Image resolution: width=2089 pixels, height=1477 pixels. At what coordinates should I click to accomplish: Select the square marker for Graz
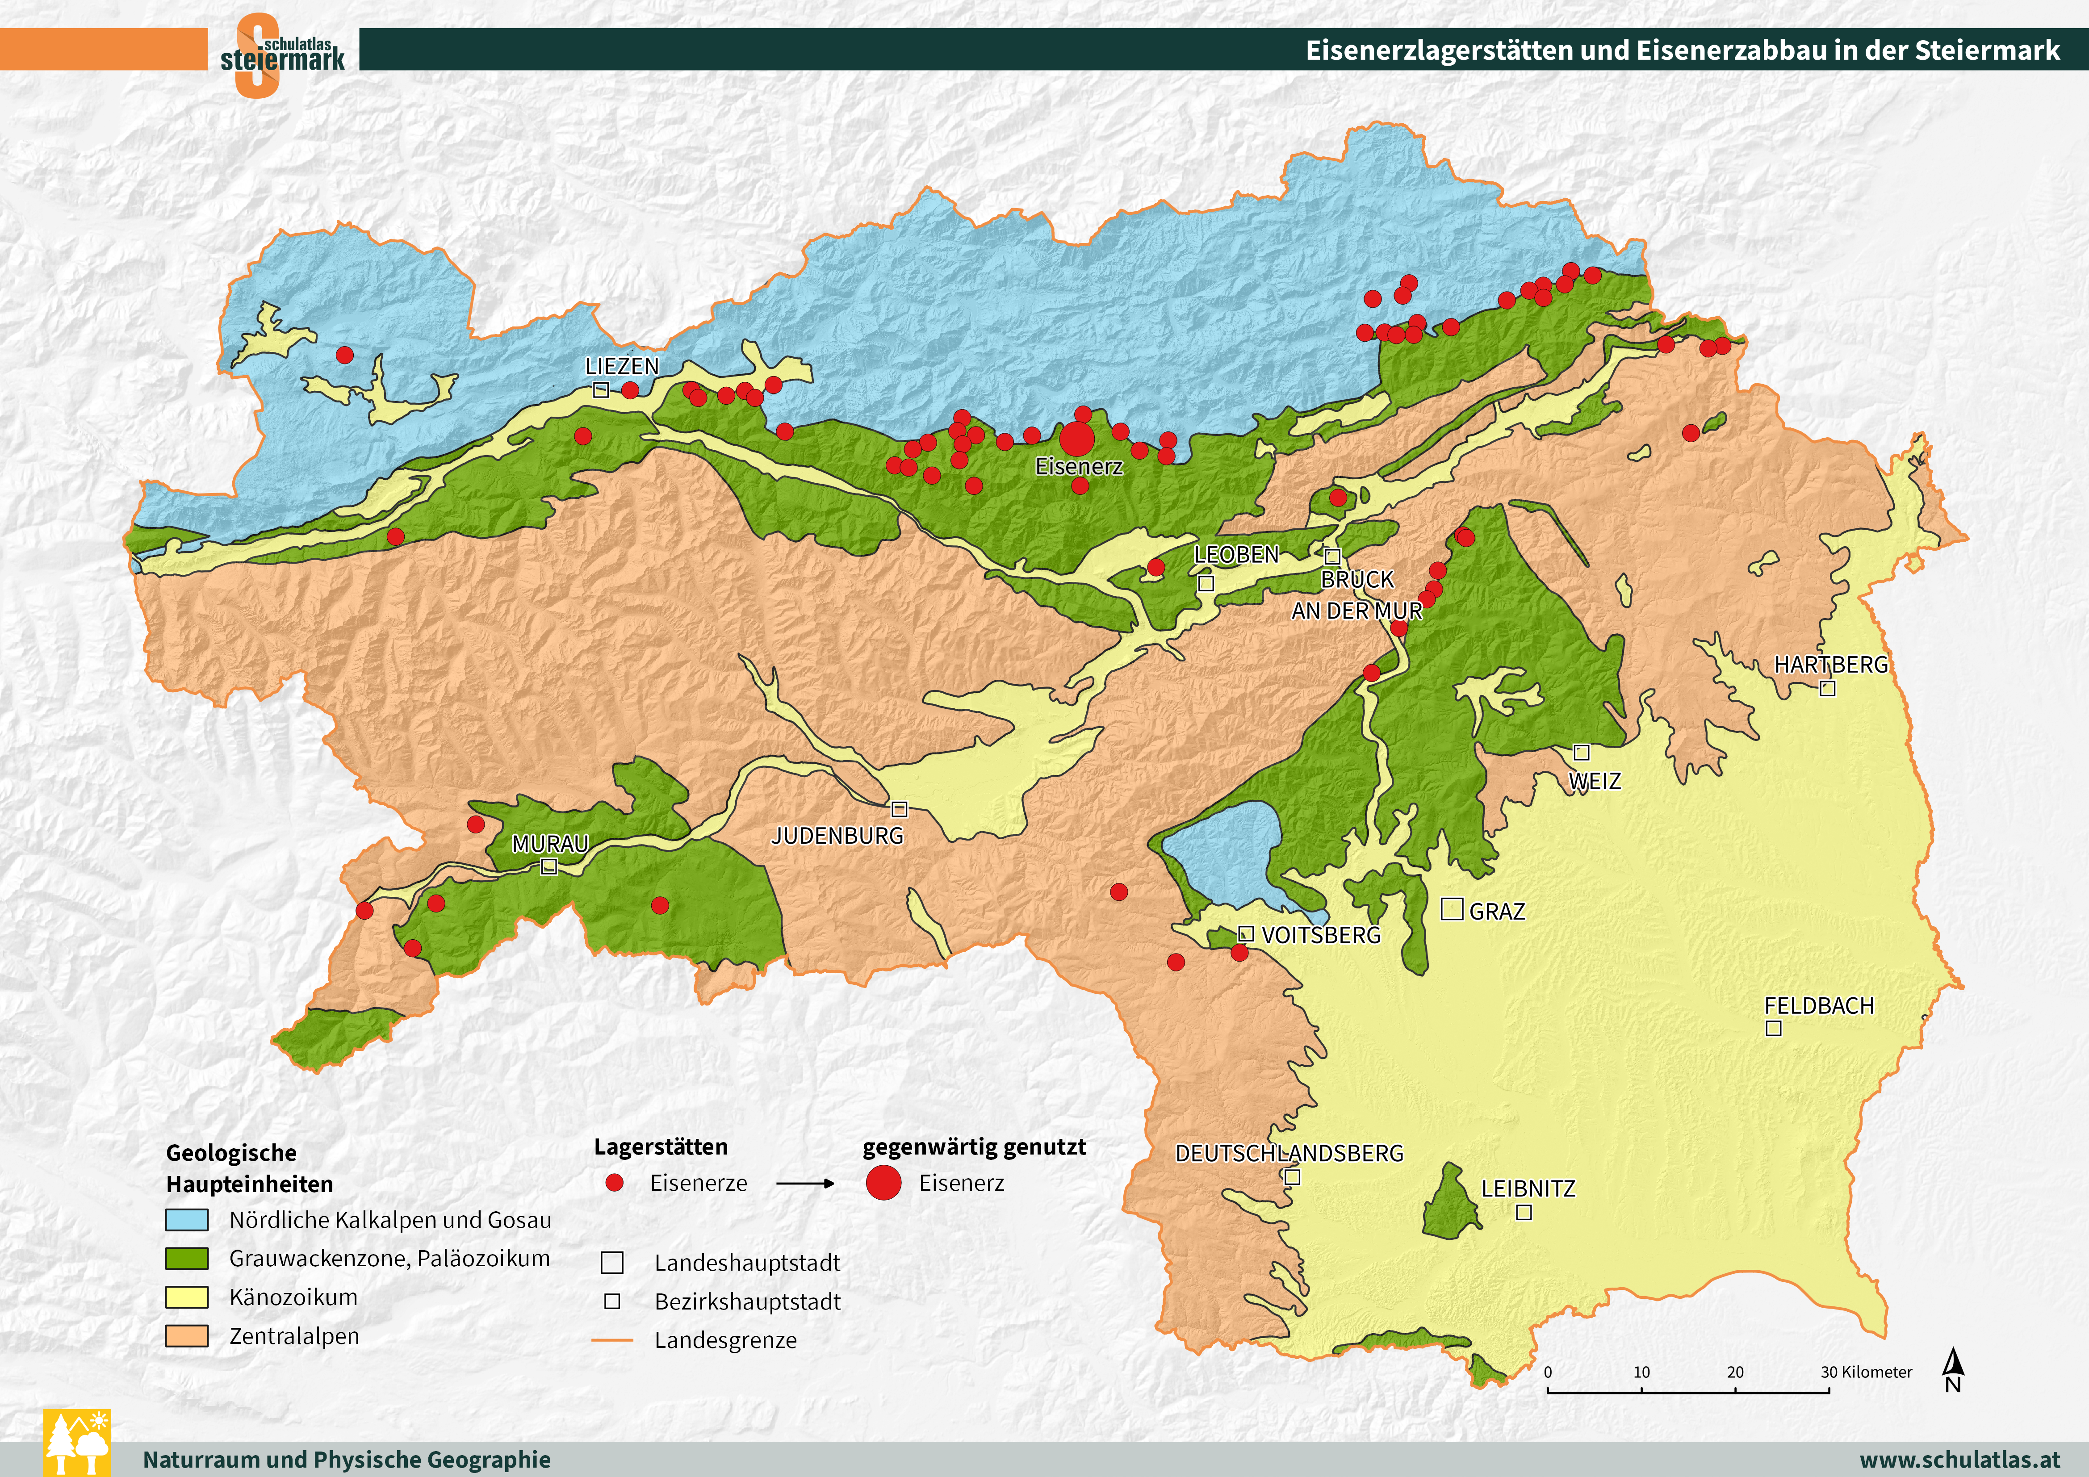1452,909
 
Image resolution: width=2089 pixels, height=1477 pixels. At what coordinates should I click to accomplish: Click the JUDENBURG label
837,836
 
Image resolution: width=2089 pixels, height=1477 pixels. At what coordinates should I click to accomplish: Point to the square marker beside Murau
548,866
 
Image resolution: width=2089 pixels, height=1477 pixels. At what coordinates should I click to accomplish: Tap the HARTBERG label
1830,664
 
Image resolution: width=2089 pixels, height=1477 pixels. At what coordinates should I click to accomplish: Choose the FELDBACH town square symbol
1773,1028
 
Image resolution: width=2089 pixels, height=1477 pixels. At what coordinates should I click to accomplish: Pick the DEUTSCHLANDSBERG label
1289,1153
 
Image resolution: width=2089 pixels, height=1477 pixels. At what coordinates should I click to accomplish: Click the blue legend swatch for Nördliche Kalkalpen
187,1219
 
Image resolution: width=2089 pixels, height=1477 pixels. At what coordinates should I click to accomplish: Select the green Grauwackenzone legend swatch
187,1259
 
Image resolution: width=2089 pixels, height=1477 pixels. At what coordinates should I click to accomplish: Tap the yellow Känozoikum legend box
187,1297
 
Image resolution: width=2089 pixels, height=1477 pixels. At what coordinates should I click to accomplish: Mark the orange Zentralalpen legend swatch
187,1336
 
